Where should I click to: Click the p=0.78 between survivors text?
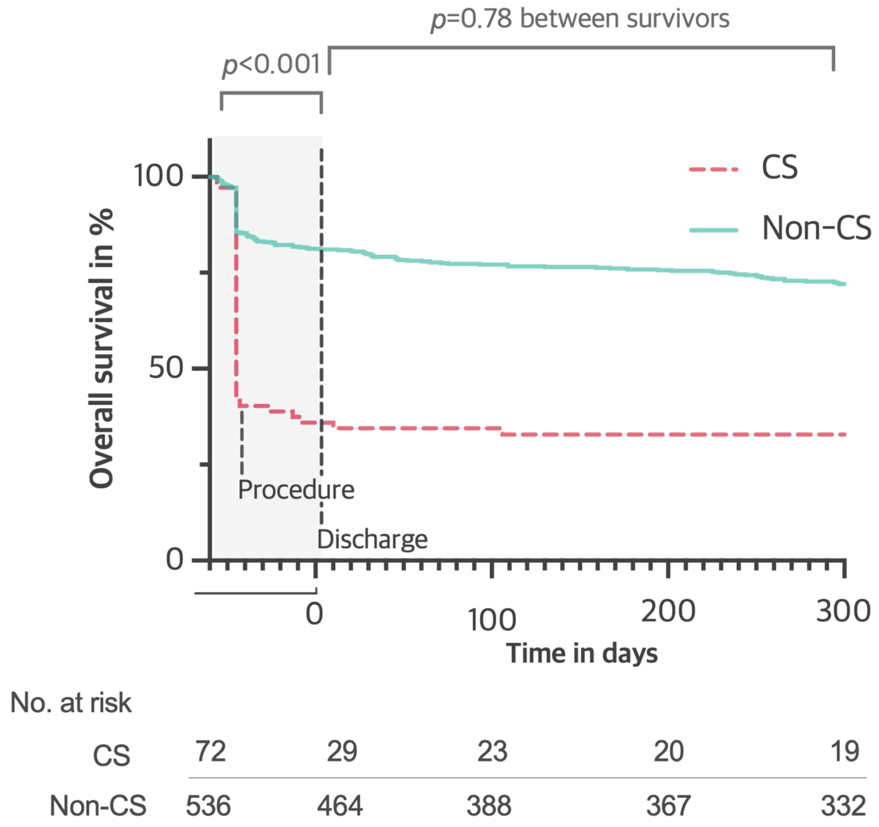580,19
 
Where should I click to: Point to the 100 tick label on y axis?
158,176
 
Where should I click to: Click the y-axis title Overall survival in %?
102,349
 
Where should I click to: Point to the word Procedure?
296,490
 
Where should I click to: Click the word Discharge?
372,539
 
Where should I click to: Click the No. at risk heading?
71,703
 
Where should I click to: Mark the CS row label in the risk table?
111,755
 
